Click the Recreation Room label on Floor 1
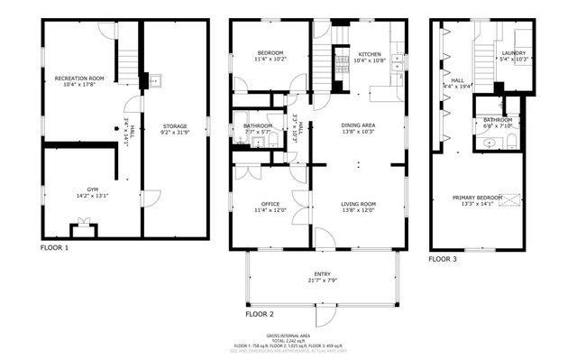(x=78, y=78)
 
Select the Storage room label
(x=175, y=125)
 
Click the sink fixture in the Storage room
(x=154, y=79)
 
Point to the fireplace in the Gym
(x=83, y=228)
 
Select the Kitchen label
(x=371, y=53)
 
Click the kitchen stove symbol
(x=343, y=62)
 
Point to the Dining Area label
(x=358, y=125)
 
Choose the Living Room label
(x=358, y=204)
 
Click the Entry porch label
(x=322, y=273)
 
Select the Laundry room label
(x=515, y=53)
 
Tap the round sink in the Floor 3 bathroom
(x=488, y=143)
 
